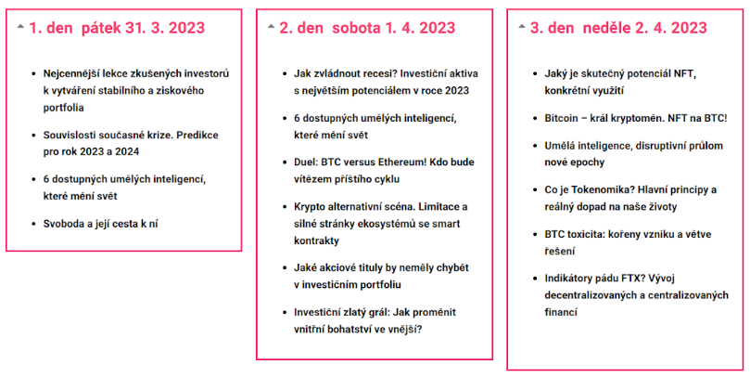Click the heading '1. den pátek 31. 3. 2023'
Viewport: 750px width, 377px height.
[117, 28]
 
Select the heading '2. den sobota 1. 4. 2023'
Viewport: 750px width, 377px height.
[367, 28]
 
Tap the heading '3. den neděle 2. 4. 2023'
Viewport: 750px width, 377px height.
[618, 28]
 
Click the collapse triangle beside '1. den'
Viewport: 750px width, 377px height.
[20, 27]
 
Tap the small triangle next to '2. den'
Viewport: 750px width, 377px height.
[272, 27]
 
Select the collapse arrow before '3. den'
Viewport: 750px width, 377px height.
[522, 27]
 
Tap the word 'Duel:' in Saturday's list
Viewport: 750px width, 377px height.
[306, 162]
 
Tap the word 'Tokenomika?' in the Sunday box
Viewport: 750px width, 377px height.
[603, 189]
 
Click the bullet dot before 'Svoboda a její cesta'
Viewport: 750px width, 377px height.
[33, 224]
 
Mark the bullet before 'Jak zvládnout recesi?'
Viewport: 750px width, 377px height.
[284, 74]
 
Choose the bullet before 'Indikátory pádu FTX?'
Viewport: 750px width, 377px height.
[535, 279]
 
